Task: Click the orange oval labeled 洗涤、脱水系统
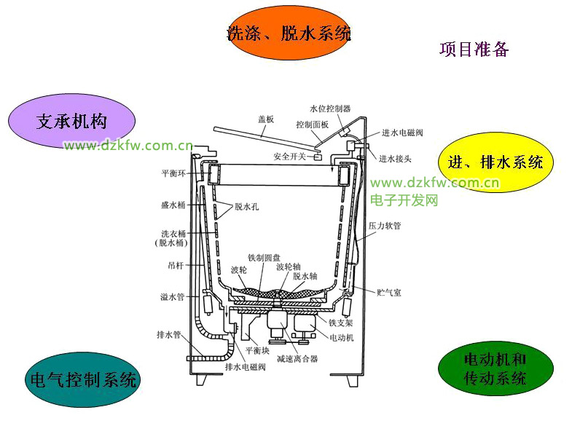(x=289, y=33)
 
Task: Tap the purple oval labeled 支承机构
(x=72, y=121)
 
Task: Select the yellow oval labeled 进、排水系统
(x=495, y=162)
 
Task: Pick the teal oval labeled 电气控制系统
(x=81, y=379)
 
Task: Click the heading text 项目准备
(x=474, y=50)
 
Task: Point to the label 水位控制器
(x=330, y=109)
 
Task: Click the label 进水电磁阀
(x=402, y=133)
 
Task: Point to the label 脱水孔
(x=246, y=207)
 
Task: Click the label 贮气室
(x=388, y=292)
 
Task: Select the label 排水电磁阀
(x=245, y=367)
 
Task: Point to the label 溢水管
(x=173, y=297)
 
